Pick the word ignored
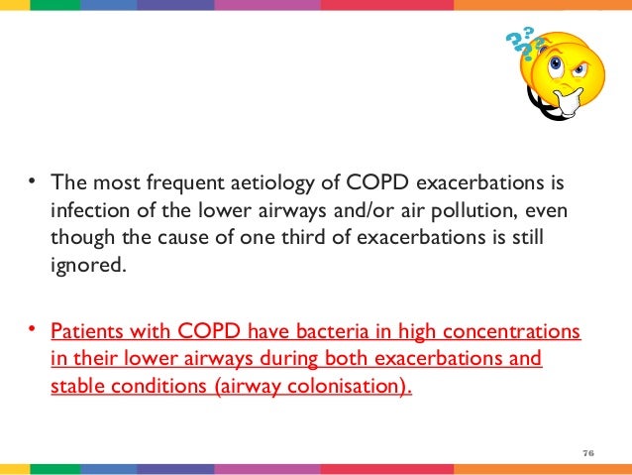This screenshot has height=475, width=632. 87,266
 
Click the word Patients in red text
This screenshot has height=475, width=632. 87,330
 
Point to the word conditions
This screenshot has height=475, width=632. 156,386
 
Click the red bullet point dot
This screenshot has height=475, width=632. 33,328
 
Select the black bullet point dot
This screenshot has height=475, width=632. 33,180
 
